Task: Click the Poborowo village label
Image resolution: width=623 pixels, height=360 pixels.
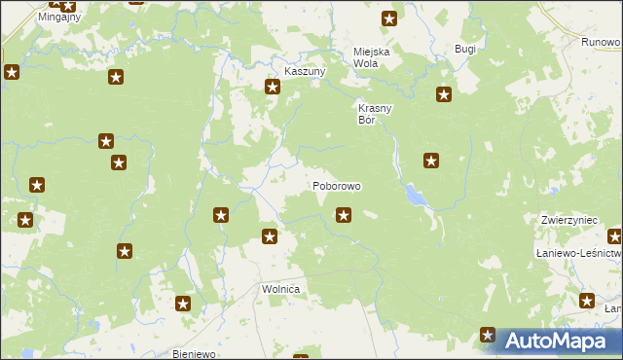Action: tap(337, 185)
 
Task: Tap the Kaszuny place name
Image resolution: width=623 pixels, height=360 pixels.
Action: tap(304, 72)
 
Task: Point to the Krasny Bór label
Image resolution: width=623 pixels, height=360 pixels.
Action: tap(374, 114)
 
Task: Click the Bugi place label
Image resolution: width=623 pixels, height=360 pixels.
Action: tap(465, 49)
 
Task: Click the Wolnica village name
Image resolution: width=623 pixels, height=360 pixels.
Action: tap(280, 290)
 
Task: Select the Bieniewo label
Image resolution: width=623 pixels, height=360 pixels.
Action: tap(192, 353)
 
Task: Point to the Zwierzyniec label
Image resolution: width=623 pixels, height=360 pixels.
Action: tap(569, 221)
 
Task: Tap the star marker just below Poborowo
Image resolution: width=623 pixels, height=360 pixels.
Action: tap(343, 215)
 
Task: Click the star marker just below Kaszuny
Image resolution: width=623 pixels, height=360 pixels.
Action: tap(273, 87)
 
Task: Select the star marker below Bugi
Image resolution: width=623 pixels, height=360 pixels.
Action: tap(444, 94)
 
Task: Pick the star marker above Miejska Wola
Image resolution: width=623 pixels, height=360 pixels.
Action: tap(389, 18)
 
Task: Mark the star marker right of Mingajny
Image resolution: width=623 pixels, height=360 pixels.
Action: tap(69, 5)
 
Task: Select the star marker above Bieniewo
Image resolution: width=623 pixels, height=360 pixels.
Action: tap(183, 305)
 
